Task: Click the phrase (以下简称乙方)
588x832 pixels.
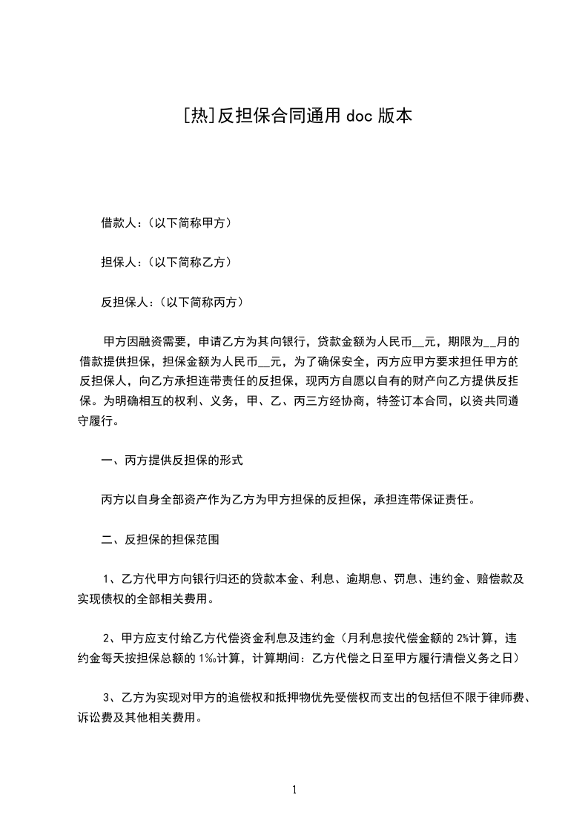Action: (189, 262)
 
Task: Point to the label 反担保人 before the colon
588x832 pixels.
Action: (125, 302)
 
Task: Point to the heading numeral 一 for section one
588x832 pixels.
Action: (107, 460)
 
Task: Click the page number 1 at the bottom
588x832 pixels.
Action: (294, 790)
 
